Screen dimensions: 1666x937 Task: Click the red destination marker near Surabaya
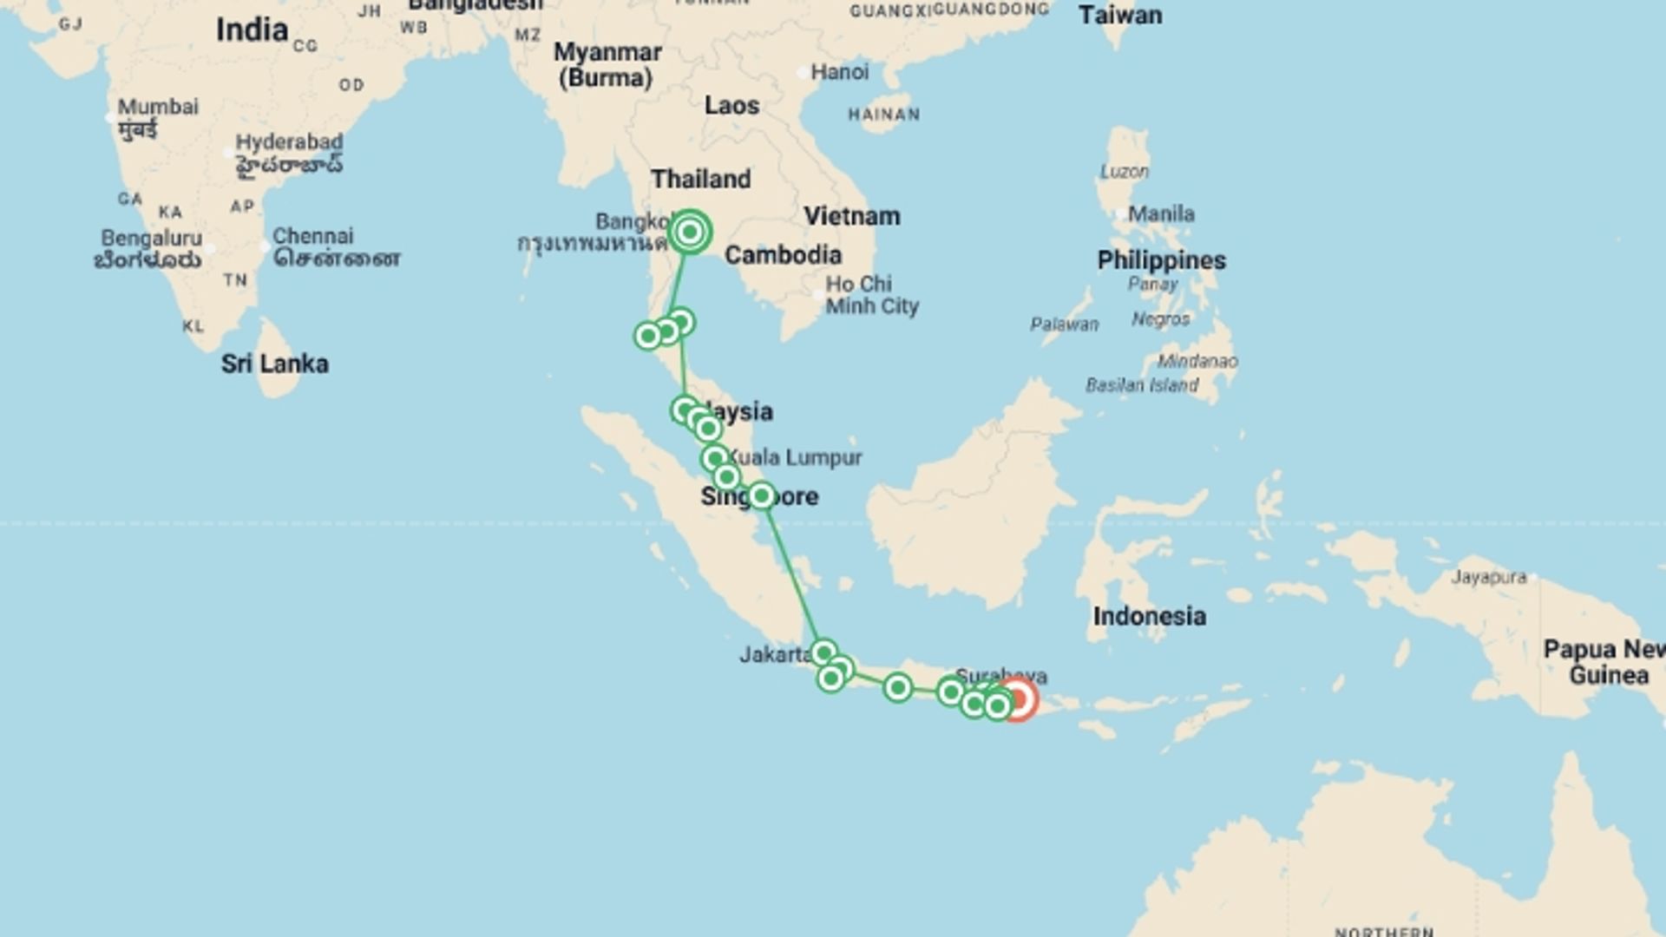(x=1017, y=699)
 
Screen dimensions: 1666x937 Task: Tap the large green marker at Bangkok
(x=690, y=232)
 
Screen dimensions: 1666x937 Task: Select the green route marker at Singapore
(x=761, y=495)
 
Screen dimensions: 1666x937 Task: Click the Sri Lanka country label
(x=274, y=364)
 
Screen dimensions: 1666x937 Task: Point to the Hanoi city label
(x=839, y=72)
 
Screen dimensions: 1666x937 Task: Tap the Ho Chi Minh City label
(x=871, y=295)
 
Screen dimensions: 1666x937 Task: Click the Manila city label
(x=1161, y=213)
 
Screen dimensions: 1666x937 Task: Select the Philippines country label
(x=1161, y=260)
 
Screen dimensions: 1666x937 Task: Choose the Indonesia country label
(x=1149, y=617)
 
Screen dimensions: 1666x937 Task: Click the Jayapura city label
(x=1489, y=577)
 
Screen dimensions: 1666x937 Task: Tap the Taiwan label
(x=1119, y=16)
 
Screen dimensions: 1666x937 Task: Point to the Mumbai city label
(x=158, y=108)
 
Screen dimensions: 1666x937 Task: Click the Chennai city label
(x=312, y=236)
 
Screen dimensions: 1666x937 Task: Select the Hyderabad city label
(x=289, y=142)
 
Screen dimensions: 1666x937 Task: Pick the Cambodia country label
(x=783, y=255)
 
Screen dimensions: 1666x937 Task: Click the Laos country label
(x=731, y=106)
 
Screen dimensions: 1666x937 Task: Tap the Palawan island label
(x=1064, y=324)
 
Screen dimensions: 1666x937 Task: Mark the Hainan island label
(x=883, y=115)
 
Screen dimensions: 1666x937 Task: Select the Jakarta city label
(x=774, y=655)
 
